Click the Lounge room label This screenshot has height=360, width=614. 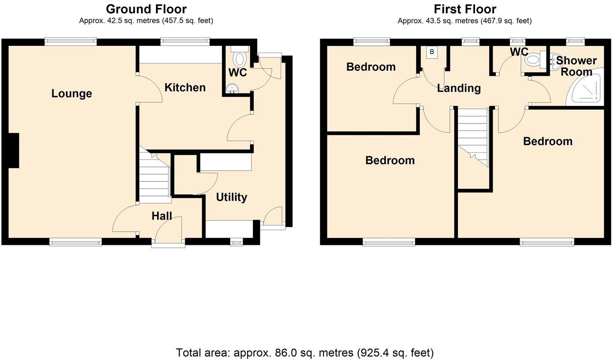tap(71, 94)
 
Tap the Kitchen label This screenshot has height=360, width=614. tap(185, 87)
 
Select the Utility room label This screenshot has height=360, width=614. tap(231, 197)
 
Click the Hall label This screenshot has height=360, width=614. tap(161, 216)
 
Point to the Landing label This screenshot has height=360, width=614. tap(459, 88)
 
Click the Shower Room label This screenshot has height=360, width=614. tap(576, 66)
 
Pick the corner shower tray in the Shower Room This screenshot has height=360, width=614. tap(586, 90)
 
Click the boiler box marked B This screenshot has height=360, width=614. tap(431, 52)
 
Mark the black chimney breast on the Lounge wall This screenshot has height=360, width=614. tap(13, 150)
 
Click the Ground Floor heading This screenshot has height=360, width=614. tap(146, 9)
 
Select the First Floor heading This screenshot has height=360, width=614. tap(464, 9)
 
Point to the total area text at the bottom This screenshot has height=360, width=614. tap(305, 352)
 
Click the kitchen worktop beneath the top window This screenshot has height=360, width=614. tap(180, 55)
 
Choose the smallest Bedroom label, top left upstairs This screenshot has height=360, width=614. tap(371, 67)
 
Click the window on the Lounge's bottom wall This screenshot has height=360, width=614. tap(75, 242)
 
